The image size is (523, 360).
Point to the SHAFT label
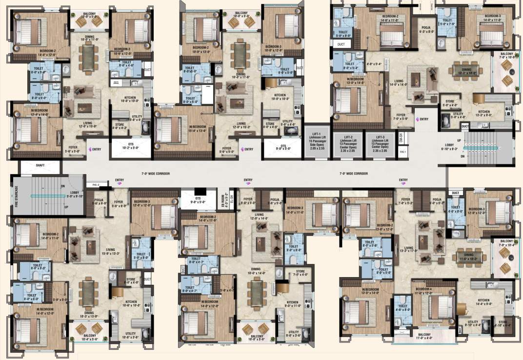tap(40, 166)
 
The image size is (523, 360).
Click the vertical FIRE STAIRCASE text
tap(16, 197)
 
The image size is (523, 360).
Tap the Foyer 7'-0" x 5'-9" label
tap(402, 117)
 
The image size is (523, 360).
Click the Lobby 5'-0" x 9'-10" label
tap(75, 195)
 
